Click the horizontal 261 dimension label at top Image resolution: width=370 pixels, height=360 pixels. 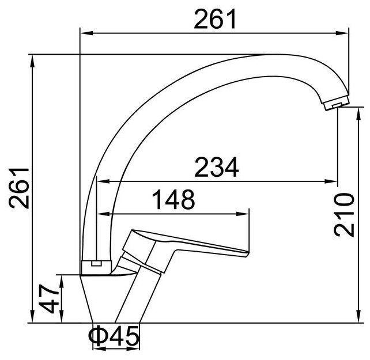pyautogui.click(x=215, y=19)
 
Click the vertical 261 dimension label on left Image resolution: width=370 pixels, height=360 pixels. pyautogui.click(x=19, y=188)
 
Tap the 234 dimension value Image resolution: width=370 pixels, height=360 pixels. pyautogui.click(x=216, y=167)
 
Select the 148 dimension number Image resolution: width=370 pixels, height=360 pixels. pyautogui.click(x=173, y=199)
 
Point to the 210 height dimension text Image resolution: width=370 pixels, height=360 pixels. pyautogui.click(x=344, y=214)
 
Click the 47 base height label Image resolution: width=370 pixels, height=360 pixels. pyautogui.click(x=49, y=298)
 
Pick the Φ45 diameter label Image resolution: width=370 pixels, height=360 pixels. pyautogui.click(x=114, y=336)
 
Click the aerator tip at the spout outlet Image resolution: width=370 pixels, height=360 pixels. pyautogui.click(x=337, y=104)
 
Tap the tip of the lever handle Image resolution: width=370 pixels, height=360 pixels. pyautogui.click(x=248, y=254)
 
